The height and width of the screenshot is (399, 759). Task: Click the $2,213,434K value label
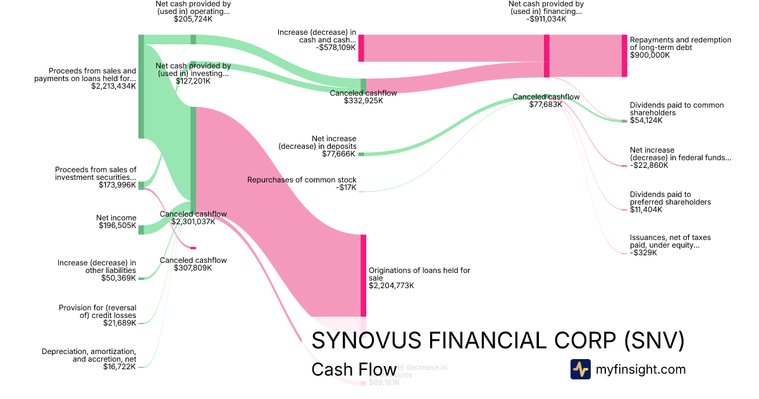click(x=113, y=86)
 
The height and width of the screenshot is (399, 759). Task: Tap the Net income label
click(x=116, y=218)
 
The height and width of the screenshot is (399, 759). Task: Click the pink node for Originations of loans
click(x=363, y=275)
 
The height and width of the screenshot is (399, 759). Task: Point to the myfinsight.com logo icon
click(x=580, y=369)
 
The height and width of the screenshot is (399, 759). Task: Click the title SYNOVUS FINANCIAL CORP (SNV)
click(x=498, y=341)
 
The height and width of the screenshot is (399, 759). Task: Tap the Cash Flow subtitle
click(x=354, y=369)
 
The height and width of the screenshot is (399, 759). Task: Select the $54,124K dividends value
click(x=646, y=120)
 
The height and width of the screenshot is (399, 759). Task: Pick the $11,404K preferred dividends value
click(x=646, y=210)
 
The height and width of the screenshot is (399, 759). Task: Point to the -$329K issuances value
click(x=644, y=253)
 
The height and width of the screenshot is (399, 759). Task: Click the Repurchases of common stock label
click(x=302, y=180)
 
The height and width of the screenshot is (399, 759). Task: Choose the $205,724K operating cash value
click(x=193, y=19)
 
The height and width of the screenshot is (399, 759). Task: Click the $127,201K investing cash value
click(x=193, y=81)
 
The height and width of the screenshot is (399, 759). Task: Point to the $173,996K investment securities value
click(x=117, y=185)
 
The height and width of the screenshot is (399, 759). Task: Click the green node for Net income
click(x=141, y=229)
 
